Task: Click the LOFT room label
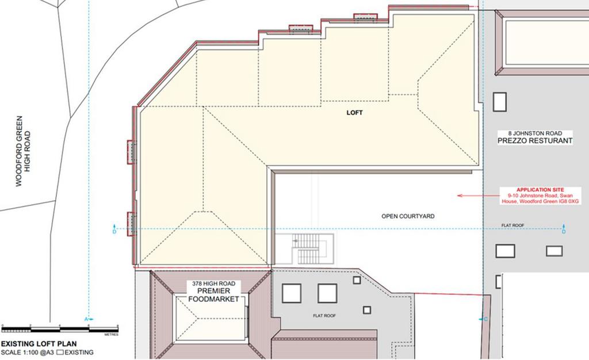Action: tap(354, 113)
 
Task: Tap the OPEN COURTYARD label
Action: tap(408, 216)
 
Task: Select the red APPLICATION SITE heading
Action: tap(540, 190)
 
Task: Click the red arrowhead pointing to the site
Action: tap(460, 196)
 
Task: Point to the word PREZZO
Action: tap(514, 141)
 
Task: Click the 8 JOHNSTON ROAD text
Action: tap(536, 133)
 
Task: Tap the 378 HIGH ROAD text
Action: tap(213, 284)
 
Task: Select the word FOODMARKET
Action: tap(213, 299)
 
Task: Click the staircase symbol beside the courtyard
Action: tap(311, 251)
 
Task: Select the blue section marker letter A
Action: tap(86, 319)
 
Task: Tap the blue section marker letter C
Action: tap(486, 318)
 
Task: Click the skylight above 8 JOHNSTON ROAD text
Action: tap(500, 102)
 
